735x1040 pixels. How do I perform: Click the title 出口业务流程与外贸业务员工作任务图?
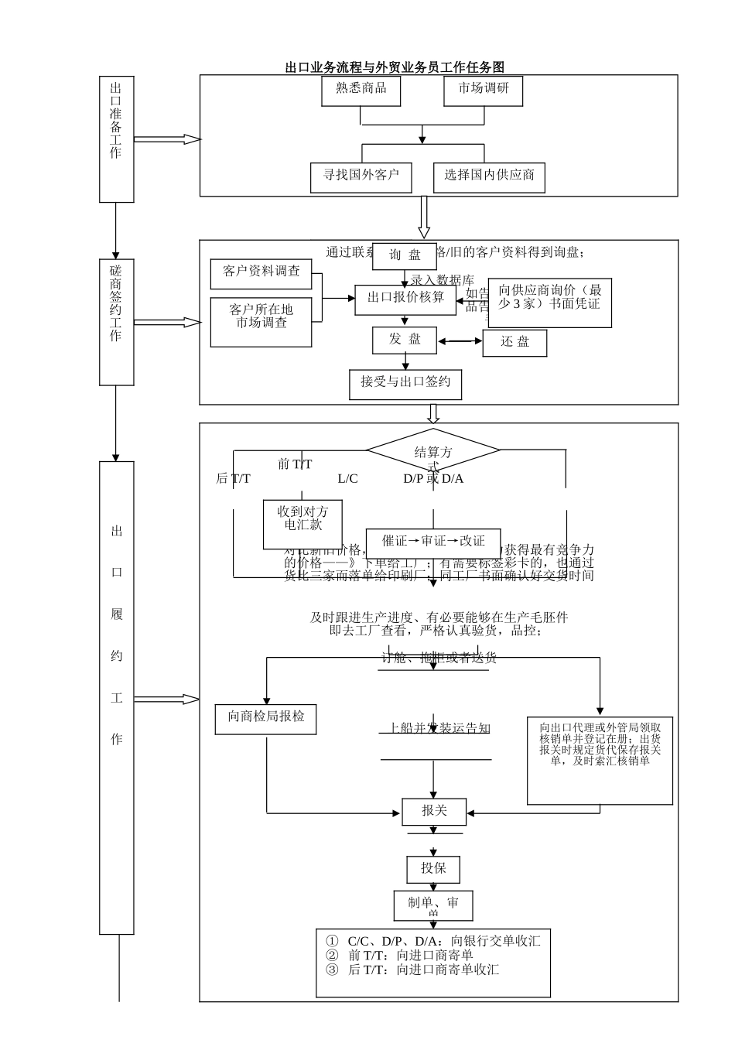point(395,67)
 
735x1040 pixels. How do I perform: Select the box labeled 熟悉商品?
point(361,91)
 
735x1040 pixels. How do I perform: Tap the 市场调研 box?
point(484,91)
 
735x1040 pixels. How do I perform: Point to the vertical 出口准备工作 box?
point(116,139)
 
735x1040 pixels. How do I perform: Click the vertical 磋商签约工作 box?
point(116,322)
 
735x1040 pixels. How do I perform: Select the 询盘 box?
point(405,255)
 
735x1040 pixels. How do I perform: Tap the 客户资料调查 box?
point(262,273)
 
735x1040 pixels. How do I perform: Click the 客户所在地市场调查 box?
point(262,321)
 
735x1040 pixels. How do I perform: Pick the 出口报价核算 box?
point(405,299)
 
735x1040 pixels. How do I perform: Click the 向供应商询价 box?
point(549,303)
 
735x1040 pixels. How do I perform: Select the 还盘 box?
point(514,343)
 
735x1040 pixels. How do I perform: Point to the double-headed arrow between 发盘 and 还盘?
point(460,340)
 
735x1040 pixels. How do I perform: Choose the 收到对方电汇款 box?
point(303,523)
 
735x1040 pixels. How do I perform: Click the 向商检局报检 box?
point(266,718)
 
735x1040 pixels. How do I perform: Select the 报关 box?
point(434,812)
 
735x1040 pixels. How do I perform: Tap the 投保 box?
point(433,869)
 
